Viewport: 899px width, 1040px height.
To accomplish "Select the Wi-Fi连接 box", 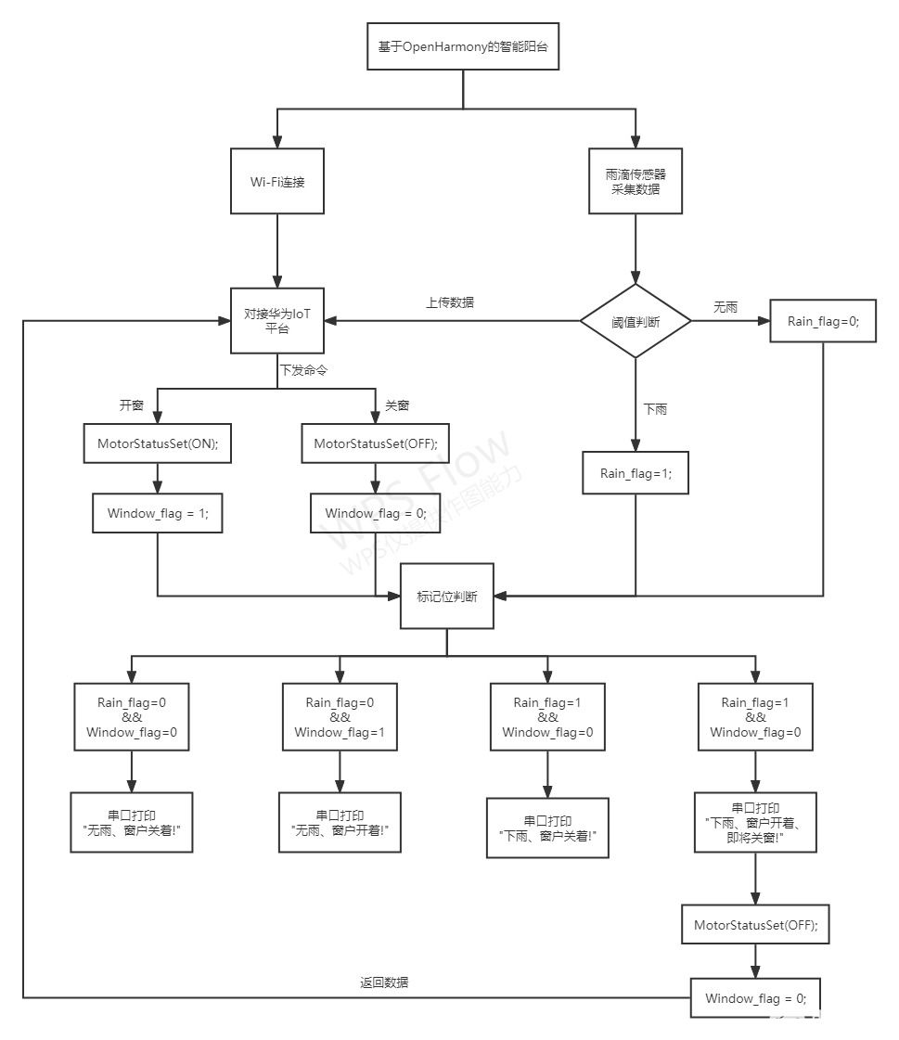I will click(277, 180).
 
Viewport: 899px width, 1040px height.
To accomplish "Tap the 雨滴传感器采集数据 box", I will click(636, 180).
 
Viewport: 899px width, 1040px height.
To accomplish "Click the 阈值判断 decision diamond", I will click(636, 322).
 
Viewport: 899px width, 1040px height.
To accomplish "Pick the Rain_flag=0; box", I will click(823, 321).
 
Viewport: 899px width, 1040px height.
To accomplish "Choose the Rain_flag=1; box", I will click(636, 473).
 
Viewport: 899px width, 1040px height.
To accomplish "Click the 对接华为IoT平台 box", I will click(277, 321).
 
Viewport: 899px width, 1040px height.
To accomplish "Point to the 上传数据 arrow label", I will click(451, 302).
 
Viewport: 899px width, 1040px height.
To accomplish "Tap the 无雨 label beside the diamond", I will click(725, 307).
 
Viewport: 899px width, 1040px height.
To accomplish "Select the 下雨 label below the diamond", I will click(655, 408).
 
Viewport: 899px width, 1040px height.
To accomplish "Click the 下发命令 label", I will click(303, 368).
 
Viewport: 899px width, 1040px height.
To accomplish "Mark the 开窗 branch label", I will click(132, 405).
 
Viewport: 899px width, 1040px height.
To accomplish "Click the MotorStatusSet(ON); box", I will click(158, 444).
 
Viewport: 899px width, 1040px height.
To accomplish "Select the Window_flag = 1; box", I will click(158, 513).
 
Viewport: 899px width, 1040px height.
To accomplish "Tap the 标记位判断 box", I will click(447, 597).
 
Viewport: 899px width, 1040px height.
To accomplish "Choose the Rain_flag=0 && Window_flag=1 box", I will click(340, 717).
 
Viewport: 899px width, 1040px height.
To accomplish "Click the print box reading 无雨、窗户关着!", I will click(132, 822).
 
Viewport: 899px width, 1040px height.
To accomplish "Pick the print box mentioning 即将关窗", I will click(755, 822).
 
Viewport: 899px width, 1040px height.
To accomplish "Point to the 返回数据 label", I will click(384, 982).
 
